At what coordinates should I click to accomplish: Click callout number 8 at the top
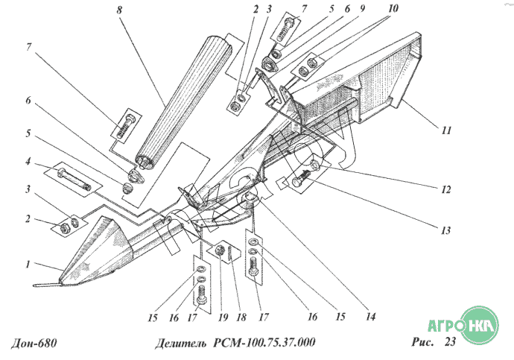[119, 10]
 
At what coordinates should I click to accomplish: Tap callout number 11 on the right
[446, 130]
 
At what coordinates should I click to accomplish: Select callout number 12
[445, 189]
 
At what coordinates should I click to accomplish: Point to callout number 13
[445, 230]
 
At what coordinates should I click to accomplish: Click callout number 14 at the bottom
[370, 316]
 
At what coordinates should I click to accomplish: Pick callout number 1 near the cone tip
[28, 265]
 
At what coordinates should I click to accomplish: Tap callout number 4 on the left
[28, 161]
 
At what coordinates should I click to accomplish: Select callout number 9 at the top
[362, 8]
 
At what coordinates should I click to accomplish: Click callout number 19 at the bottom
[223, 317]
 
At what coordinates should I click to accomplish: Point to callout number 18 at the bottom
[241, 317]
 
